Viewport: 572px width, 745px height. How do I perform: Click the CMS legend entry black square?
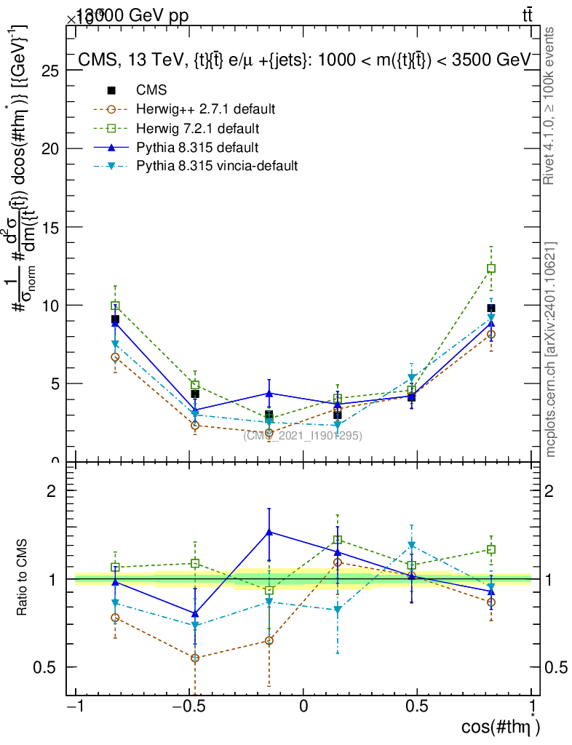click(x=111, y=91)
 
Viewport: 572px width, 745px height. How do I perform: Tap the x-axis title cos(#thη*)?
click(x=501, y=728)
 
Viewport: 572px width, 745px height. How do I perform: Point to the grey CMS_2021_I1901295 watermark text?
click(x=302, y=435)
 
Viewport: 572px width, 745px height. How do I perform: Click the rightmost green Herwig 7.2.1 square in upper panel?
click(x=491, y=268)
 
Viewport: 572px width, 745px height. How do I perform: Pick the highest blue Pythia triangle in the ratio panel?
click(x=269, y=533)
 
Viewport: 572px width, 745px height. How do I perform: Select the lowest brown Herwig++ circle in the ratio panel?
click(x=195, y=658)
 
